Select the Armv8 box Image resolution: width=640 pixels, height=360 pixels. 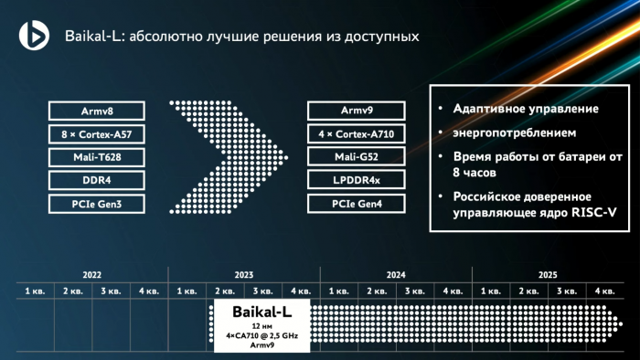point(98,111)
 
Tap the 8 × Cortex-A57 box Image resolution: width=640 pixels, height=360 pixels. point(98,133)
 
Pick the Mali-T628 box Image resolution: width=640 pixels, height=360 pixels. point(98,156)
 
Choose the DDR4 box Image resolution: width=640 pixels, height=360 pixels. point(98,179)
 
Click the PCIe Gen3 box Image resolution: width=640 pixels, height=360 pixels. point(98,203)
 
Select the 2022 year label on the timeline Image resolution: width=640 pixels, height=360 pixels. point(91,274)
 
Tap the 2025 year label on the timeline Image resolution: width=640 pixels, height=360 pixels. point(548,274)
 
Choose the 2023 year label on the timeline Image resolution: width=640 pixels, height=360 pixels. point(243,274)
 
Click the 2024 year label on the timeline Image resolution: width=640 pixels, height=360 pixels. point(396,274)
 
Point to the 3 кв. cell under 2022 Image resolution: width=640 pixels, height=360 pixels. point(111,291)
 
